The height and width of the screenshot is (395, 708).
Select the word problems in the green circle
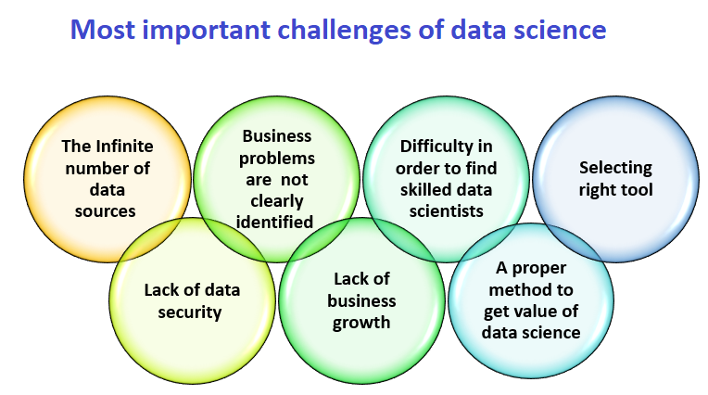click(x=279, y=158)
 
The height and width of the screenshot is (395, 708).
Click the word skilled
click(x=425, y=189)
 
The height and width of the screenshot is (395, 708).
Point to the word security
click(x=192, y=312)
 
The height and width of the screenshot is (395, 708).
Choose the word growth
click(x=363, y=323)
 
